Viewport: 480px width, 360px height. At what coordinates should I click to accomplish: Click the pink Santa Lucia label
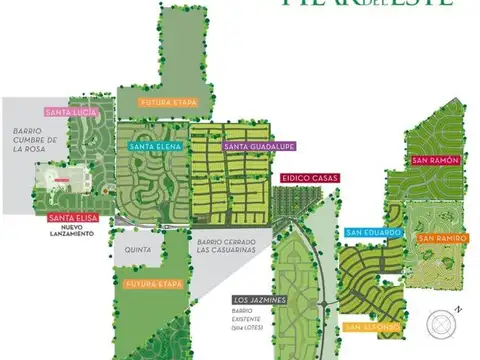tap(67, 111)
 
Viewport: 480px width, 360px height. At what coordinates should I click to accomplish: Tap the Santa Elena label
tap(154, 147)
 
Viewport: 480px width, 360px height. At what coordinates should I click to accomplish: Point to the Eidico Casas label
tap(310, 178)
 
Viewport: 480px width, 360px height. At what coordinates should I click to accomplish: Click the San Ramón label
tap(435, 160)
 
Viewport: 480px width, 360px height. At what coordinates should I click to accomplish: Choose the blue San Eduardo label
tap(372, 233)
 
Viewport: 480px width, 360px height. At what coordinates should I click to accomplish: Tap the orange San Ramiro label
tap(441, 238)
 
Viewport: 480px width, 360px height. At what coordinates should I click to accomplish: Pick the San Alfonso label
tap(372, 327)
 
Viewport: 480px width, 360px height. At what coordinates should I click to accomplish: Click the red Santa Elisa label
tap(71, 218)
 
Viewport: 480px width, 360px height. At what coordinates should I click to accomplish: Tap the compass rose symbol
tap(439, 323)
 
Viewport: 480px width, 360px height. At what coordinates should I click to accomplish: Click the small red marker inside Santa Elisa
tap(63, 182)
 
